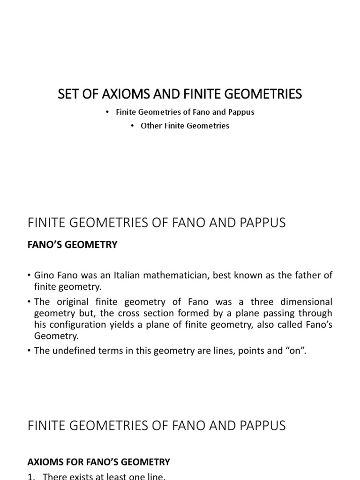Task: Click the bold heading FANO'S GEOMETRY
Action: point(73,245)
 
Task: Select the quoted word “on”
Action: point(293,350)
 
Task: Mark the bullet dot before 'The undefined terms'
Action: point(30,350)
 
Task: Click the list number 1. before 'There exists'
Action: point(31,477)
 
